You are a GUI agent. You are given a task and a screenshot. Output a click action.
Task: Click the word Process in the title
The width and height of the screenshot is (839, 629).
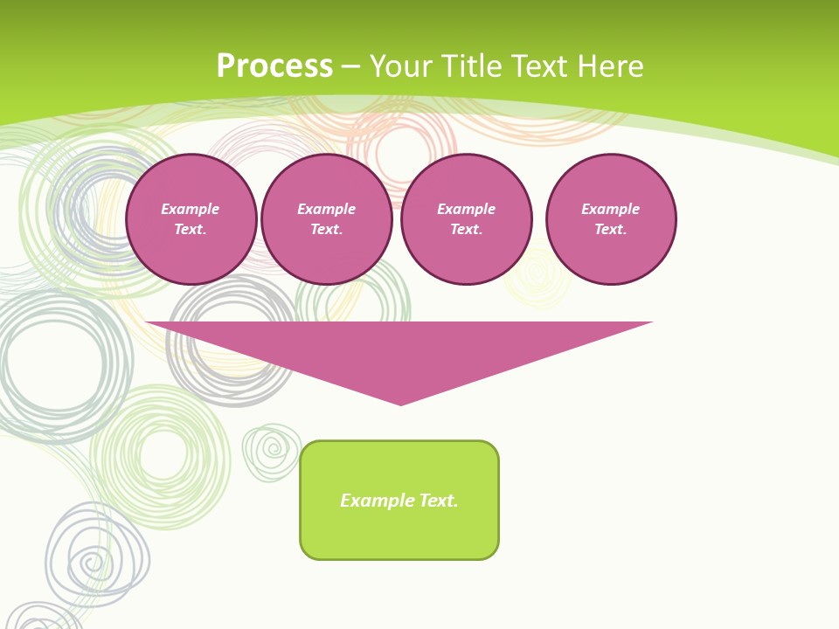click(274, 66)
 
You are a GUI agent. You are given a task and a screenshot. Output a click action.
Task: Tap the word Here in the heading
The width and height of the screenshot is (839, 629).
click(610, 66)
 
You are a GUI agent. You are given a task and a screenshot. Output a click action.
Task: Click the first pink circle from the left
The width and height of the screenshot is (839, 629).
click(191, 219)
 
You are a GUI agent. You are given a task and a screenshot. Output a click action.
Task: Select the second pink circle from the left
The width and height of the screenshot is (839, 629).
click(327, 219)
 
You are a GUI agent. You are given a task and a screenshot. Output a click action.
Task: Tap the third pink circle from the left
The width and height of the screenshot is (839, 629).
click(467, 219)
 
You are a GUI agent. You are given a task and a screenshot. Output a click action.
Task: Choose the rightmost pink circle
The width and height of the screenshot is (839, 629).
click(611, 219)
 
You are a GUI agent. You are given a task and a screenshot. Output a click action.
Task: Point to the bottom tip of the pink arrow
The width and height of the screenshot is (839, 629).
click(400, 404)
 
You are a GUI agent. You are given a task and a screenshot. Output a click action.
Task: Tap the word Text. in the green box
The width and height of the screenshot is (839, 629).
click(438, 501)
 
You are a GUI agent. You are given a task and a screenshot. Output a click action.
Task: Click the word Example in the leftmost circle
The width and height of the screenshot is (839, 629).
click(191, 209)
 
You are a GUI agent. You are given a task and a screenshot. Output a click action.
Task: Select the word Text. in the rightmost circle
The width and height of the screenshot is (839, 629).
click(611, 230)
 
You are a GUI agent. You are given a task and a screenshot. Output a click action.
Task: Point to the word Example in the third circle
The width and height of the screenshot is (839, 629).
click(467, 209)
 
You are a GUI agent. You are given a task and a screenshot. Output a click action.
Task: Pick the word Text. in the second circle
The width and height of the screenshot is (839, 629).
click(327, 230)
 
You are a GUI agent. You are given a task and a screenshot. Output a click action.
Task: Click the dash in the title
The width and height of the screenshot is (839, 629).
click(351, 66)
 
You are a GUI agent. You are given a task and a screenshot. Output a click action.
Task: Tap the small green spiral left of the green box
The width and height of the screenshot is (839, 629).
click(272, 452)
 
